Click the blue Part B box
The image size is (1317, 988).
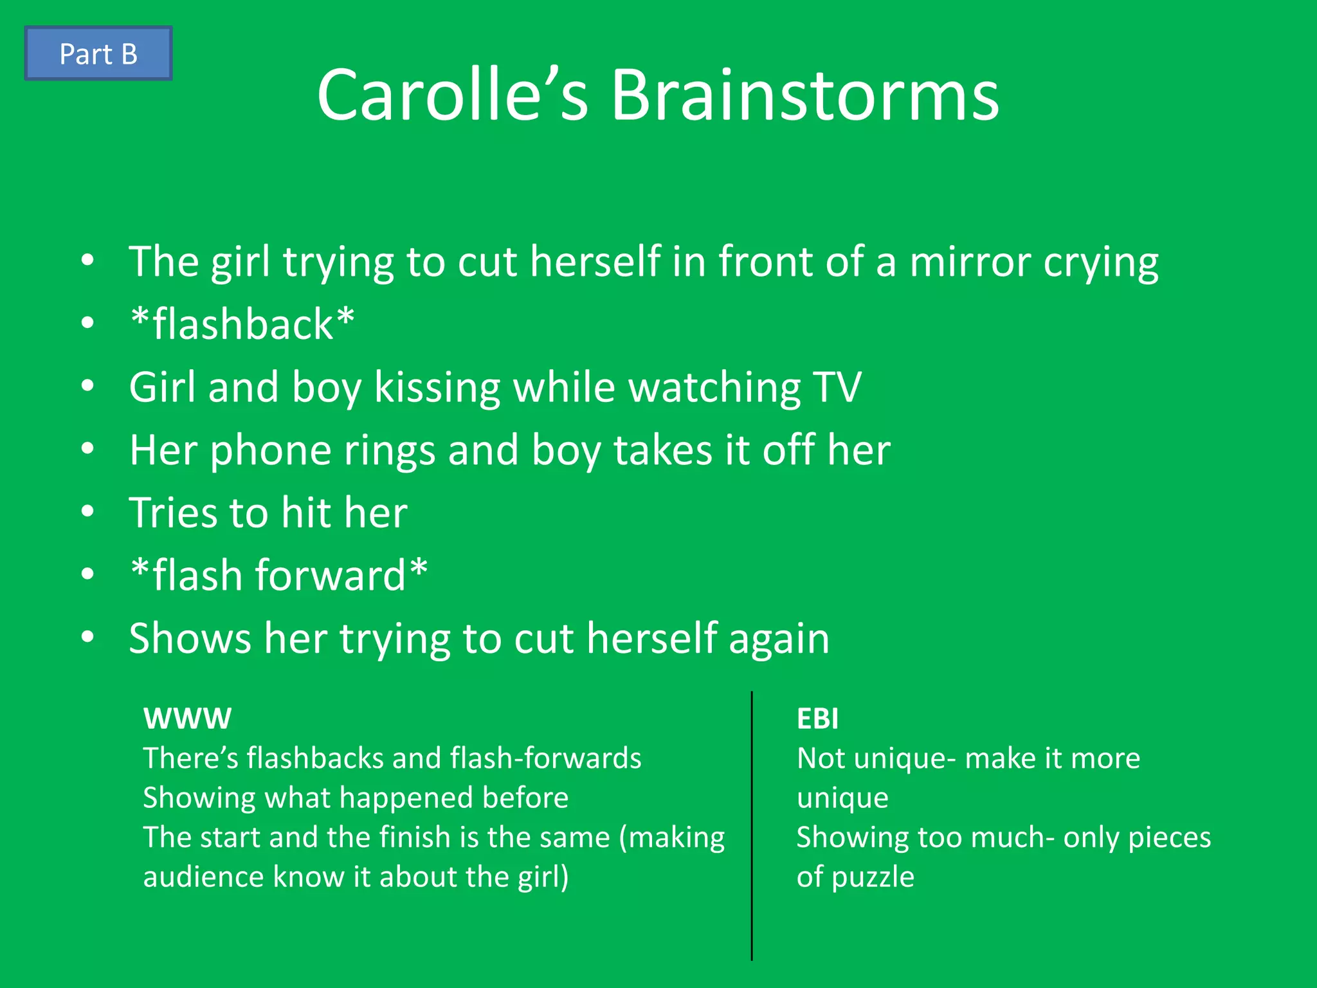98,53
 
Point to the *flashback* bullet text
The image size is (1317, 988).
242,324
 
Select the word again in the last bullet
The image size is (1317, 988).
779,639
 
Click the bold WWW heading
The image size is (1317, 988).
187,718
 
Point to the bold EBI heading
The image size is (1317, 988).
817,718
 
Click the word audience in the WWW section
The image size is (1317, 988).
203,877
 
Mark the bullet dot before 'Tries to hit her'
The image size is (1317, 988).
88,511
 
